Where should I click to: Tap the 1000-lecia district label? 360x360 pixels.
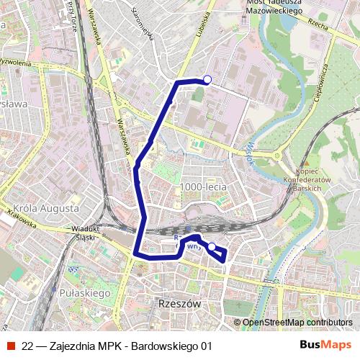204,186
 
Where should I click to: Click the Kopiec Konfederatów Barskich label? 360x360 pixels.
313,177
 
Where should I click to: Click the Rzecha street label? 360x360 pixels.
318,24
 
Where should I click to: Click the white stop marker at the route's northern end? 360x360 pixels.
207,80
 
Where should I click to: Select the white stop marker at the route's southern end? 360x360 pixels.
212,247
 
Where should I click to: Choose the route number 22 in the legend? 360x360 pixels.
27,346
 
